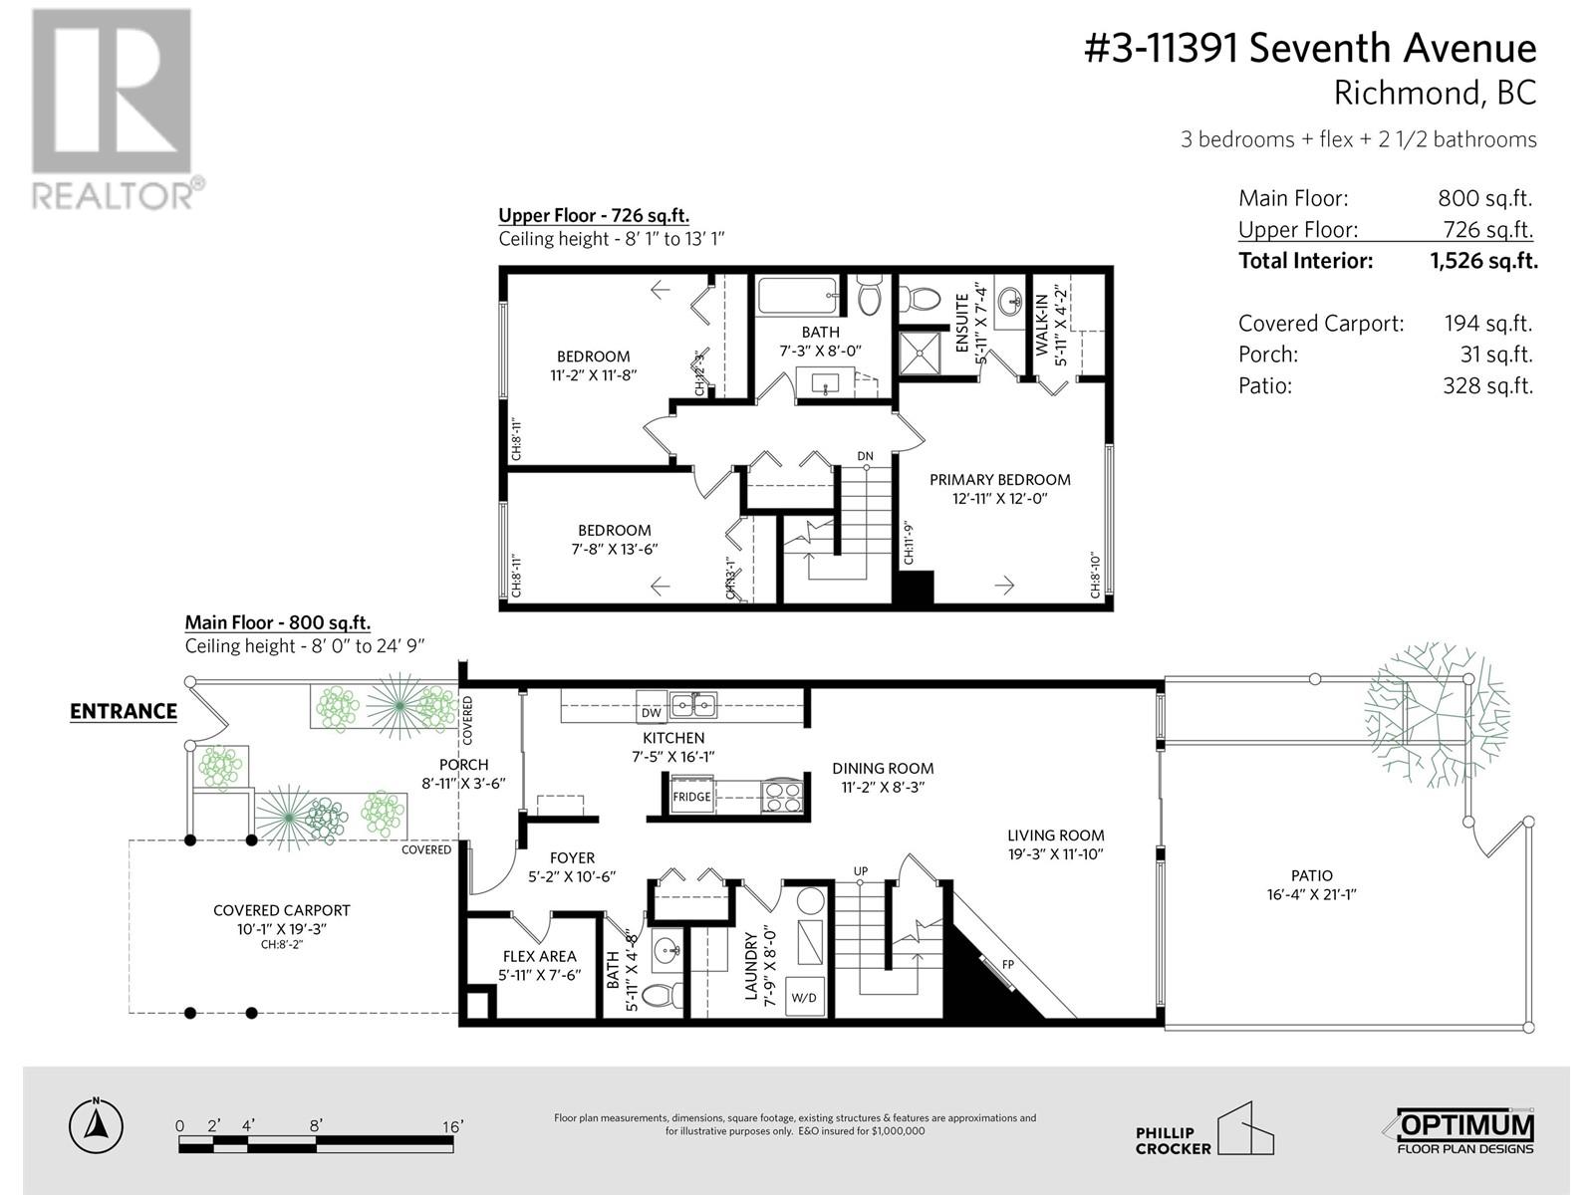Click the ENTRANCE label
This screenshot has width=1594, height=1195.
tap(124, 711)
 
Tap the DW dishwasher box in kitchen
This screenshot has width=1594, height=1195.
tap(651, 713)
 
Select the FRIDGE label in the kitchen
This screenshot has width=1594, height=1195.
tap(691, 797)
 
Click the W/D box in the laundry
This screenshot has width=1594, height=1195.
tap(805, 996)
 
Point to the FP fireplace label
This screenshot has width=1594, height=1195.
tap(1007, 965)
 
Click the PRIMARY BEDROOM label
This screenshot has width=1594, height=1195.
tap(999, 480)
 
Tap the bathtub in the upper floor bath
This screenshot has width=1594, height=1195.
tap(797, 297)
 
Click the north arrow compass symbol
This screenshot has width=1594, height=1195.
tap(97, 1126)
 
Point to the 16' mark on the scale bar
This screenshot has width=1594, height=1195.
tap(452, 1126)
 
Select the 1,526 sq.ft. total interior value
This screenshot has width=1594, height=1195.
tap(1483, 261)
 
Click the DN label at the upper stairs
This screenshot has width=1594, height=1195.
tap(865, 456)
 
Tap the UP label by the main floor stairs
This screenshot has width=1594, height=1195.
tap(861, 871)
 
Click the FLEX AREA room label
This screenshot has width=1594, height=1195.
tap(539, 956)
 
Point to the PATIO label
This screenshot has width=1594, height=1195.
tap(1310, 875)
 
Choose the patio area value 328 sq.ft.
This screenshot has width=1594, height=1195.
tap(1487, 385)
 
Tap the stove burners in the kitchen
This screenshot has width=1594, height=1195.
tap(781, 796)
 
